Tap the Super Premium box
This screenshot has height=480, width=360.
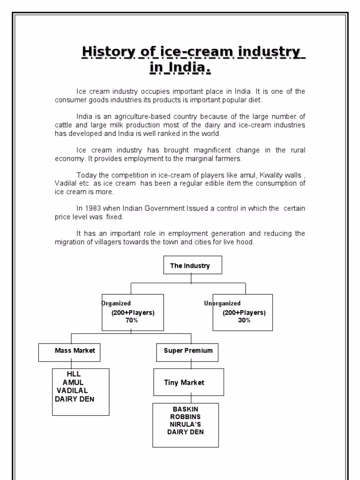188,351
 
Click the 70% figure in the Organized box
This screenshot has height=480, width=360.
131,321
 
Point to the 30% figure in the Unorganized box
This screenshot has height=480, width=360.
244,321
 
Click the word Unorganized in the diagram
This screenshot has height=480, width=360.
222,304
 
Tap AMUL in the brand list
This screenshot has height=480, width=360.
73,382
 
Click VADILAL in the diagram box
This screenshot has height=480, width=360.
72,390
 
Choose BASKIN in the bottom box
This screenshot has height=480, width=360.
186,409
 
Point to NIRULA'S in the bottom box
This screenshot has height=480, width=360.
186,424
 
